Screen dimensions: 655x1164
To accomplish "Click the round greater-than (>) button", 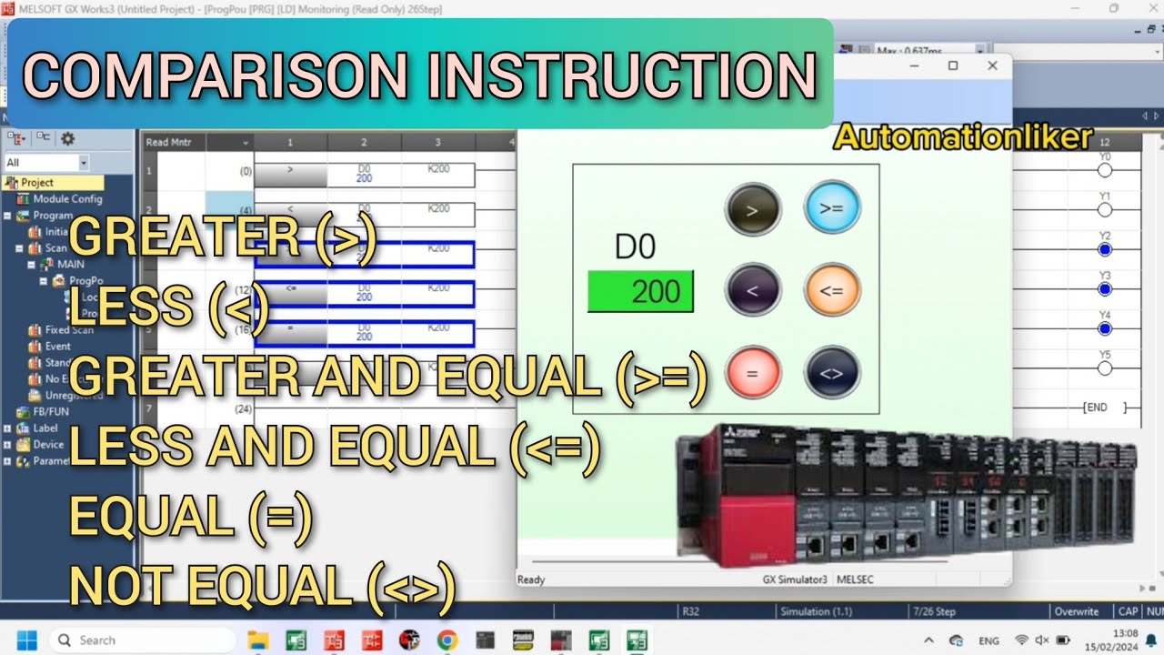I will (x=752, y=208).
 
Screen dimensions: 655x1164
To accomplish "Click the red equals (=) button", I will (x=752, y=373).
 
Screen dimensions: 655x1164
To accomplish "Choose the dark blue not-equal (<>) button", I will (x=831, y=373).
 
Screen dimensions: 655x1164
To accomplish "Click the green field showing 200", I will (x=640, y=291).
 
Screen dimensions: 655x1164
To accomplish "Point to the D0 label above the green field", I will (x=636, y=247).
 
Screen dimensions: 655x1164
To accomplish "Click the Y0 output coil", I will (x=1105, y=170).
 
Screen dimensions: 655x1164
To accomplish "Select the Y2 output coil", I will (x=1105, y=249).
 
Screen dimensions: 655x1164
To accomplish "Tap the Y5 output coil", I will (x=1105, y=368).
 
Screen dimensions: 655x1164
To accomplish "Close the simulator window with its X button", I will (x=992, y=65).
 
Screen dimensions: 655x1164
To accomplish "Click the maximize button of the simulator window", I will (x=953, y=65).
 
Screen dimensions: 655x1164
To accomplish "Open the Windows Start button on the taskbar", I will (x=25, y=640).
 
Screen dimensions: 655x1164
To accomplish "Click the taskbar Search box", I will (x=141, y=640).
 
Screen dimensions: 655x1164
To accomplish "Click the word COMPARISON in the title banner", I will (x=218, y=76).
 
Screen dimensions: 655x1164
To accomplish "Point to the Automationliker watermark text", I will (x=963, y=137).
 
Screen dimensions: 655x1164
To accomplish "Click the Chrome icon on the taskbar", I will (x=447, y=640).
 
